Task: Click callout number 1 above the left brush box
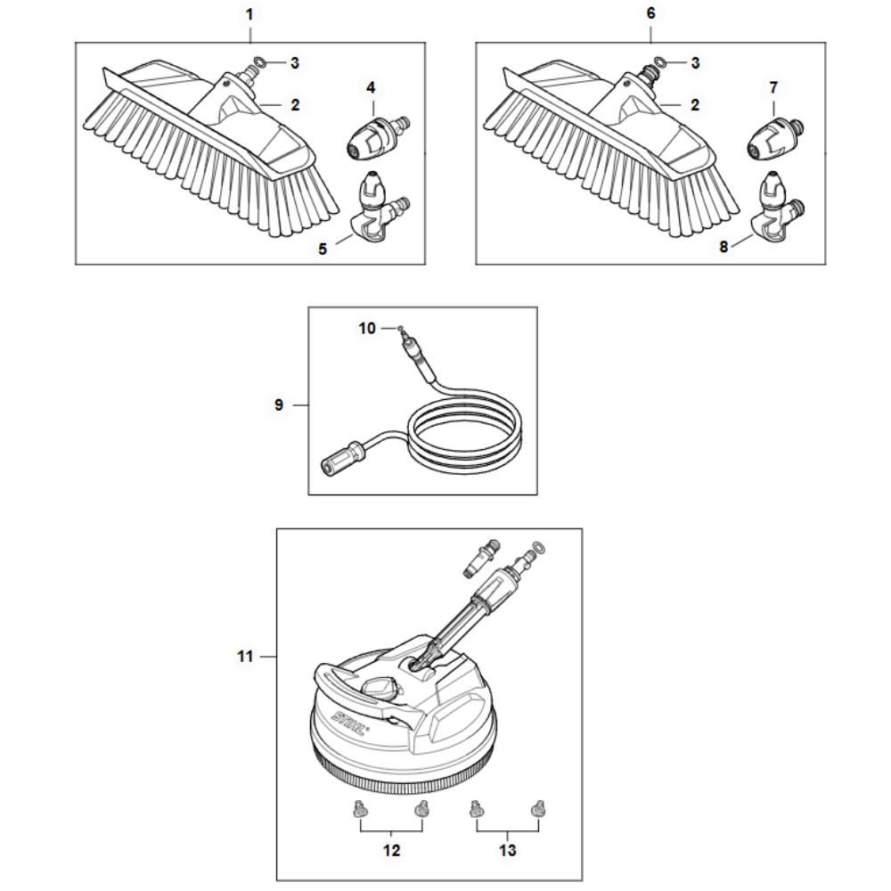click(x=249, y=14)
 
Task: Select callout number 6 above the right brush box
click(x=650, y=13)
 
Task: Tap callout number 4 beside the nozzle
click(x=371, y=87)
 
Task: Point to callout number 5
click(x=323, y=249)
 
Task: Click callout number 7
click(x=772, y=87)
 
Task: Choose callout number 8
click(x=723, y=247)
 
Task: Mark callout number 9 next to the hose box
click(x=278, y=405)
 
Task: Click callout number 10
click(x=367, y=329)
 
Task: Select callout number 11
click(x=245, y=657)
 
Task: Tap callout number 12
click(x=391, y=850)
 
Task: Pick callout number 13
click(x=508, y=850)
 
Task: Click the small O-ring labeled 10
click(x=401, y=328)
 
